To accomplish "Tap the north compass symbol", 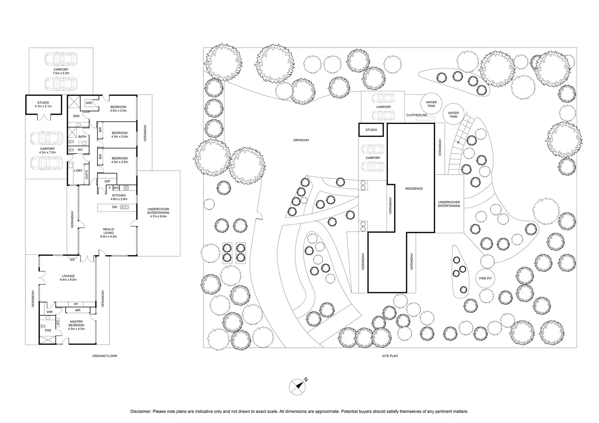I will pos(297,386).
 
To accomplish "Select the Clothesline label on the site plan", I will pos(416,115).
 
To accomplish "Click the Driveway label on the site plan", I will pos(301,140).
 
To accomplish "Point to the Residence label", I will pos(414,189).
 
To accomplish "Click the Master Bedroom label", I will pos(76,323).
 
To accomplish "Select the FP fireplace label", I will pos(76,304).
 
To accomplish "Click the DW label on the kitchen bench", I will pos(115,207).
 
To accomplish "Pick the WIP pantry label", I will pos(107,181).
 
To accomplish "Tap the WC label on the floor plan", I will pos(80,150).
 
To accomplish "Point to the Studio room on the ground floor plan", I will pos(43,104).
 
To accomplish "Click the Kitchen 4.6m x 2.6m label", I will pos(119,197).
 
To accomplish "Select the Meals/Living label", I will pos(108,232).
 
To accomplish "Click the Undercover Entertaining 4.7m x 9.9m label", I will pos(158,213).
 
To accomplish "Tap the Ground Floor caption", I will pos(105,356).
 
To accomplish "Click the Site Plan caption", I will pos(389,356).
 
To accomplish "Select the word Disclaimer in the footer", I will pos(140,412).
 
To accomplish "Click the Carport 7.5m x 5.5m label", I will pos(61,71).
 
